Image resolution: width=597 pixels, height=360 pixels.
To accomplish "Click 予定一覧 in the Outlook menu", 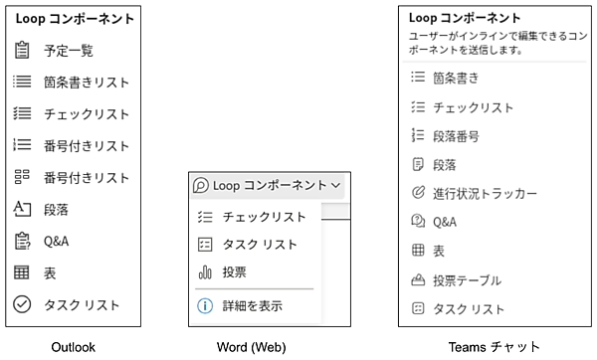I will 69,50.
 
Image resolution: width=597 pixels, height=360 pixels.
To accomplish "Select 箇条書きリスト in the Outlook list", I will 87,83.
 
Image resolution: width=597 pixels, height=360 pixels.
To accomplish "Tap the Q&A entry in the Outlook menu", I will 57,241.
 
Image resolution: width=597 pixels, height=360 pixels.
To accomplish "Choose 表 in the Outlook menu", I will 50,272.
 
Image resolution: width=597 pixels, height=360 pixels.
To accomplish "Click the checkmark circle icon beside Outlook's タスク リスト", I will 23,305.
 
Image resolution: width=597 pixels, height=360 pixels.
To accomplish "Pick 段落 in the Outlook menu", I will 56,210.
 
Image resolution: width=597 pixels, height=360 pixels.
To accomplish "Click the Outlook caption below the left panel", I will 75,346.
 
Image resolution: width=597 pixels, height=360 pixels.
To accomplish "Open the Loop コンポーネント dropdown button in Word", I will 267,185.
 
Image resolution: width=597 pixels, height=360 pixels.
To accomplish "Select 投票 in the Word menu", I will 235,271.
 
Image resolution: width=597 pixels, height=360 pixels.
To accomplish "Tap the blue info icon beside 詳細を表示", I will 205,305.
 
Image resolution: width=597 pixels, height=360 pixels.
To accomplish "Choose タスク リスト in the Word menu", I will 260,244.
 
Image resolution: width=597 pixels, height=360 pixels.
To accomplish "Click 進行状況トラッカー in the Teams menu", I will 485,193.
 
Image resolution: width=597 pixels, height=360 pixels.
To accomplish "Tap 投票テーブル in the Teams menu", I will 467,280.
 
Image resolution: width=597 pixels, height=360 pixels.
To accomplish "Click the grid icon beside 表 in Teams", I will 418,252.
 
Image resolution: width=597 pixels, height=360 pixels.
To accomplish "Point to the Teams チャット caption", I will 495,346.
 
